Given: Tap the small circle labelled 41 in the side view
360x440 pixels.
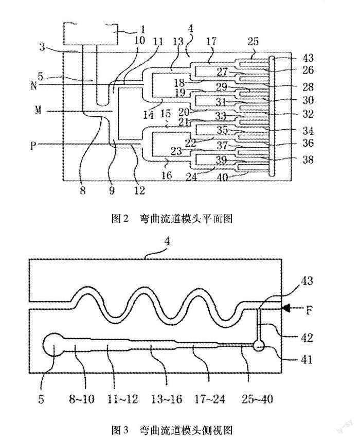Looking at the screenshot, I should pos(259,347).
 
